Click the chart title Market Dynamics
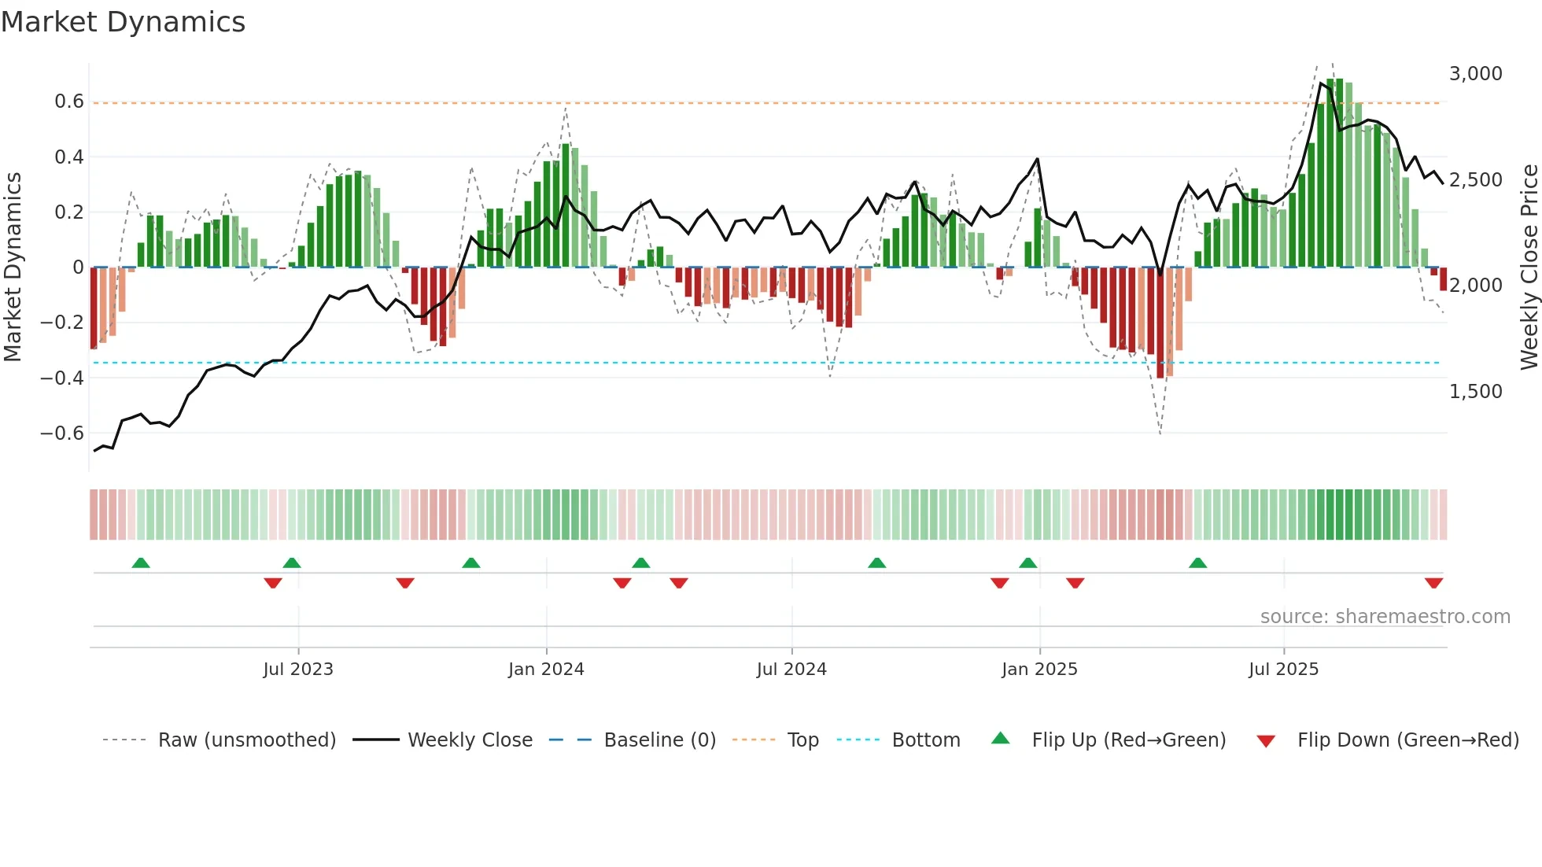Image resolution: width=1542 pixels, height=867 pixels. [x=123, y=22]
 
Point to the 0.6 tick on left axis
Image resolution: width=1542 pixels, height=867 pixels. [x=69, y=101]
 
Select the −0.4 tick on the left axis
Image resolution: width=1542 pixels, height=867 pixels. [x=62, y=378]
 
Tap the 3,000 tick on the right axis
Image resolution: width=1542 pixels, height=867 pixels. [x=1475, y=74]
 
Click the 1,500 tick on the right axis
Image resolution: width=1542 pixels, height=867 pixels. [x=1475, y=392]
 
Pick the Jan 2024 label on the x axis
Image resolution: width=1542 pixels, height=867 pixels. [x=546, y=670]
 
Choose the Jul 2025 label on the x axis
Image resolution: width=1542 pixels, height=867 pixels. [x=1283, y=670]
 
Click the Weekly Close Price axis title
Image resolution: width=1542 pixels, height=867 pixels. [x=1529, y=267]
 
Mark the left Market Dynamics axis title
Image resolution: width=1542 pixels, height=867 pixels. [x=13, y=267]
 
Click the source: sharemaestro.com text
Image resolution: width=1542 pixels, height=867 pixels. [x=1385, y=617]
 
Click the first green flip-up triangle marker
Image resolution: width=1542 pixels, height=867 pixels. [x=141, y=563]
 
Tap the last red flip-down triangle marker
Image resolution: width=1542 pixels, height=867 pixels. [x=1433, y=583]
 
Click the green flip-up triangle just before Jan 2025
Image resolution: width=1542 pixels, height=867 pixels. [x=1027, y=563]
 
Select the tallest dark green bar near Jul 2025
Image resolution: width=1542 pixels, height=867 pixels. [x=1330, y=173]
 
